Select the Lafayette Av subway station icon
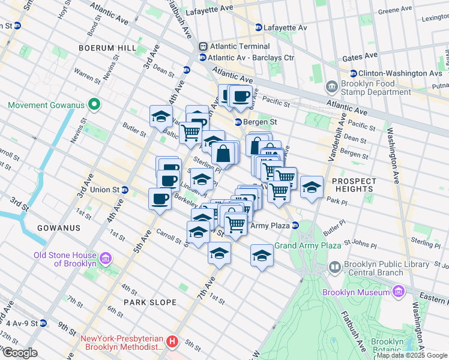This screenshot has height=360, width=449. [x=259, y=28]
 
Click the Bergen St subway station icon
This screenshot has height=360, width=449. [x=238, y=122]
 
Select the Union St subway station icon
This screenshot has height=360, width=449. [x=125, y=190]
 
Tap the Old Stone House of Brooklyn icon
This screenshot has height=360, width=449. [x=106, y=259]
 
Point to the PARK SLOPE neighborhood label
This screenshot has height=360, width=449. [x=149, y=302]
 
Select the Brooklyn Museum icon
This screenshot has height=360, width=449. [x=397, y=292]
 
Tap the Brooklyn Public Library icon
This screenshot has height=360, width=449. [x=334, y=266]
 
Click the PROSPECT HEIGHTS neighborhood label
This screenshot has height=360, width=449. [x=354, y=185]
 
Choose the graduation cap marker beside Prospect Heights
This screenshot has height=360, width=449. [x=312, y=187]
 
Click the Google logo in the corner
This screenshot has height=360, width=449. [x=20, y=353]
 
